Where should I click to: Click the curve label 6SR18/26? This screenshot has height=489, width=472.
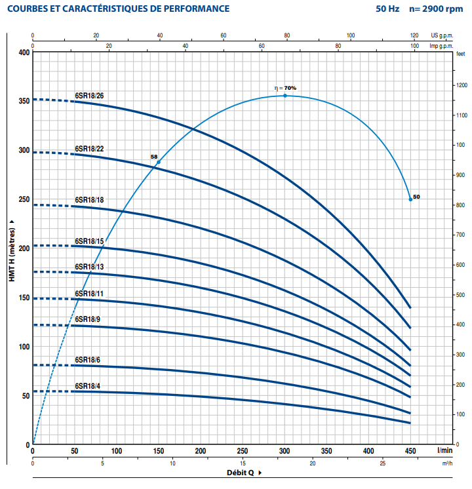89,96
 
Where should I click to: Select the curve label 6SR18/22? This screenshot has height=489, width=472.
89,149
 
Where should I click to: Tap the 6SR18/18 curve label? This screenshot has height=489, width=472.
89,199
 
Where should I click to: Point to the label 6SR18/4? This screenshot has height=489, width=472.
87,385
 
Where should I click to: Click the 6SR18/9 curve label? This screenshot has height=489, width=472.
87,319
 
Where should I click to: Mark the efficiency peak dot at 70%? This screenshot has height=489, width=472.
285,96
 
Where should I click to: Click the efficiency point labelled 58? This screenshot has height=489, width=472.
158,162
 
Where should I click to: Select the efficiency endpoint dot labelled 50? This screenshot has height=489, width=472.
410,199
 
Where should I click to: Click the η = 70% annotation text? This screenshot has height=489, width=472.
285,88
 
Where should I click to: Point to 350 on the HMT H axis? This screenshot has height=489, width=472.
24,101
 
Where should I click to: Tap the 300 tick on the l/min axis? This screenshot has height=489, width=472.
285,451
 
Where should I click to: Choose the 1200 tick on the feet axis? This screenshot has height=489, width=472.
462,85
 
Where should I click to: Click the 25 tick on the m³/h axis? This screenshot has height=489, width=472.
383,463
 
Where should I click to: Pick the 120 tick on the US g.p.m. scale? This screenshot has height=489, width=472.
414,35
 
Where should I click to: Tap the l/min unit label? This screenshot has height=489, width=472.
445,451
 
